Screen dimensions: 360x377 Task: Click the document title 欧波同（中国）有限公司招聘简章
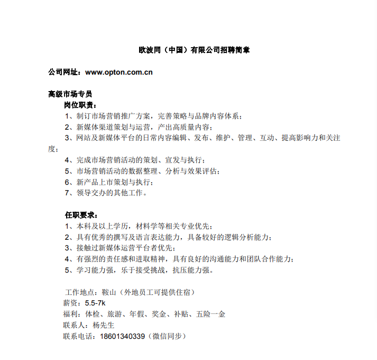pyautogui.click(x=195, y=50)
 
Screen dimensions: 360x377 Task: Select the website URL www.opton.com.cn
pyautogui.click(x=119, y=72)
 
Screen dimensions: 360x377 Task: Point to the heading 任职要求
pyautogui.click(x=80, y=215)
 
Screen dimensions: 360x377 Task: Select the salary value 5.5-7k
pyautogui.click(x=96, y=303)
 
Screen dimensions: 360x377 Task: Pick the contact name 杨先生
pyautogui.click(x=104, y=325)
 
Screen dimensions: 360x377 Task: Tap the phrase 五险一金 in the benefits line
pyautogui.click(x=211, y=314)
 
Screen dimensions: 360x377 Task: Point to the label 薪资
pyautogui.click(x=72, y=303)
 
